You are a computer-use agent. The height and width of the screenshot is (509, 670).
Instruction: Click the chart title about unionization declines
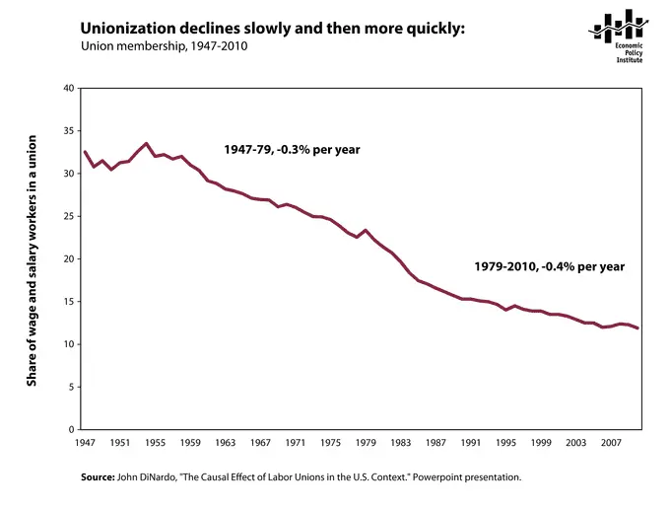(x=272, y=29)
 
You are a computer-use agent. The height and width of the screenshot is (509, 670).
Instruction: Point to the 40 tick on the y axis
(x=68, y=89)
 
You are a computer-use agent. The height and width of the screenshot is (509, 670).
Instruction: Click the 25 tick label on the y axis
(x=68, y=217)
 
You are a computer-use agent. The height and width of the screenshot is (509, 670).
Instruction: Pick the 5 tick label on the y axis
(x=71, y=387)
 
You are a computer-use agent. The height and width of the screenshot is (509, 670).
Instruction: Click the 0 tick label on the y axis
(x=71, y=430)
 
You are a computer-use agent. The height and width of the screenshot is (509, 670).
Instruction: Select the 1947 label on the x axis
(x=84, y=443)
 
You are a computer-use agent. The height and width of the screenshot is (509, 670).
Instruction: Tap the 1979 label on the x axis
(x=367, y=443)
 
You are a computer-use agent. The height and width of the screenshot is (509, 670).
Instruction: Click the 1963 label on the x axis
(x=226, y=443)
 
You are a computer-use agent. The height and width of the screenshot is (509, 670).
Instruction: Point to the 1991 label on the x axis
(x=472, y=443)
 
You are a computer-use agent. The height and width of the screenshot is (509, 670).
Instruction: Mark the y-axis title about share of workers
(x=32, y=259)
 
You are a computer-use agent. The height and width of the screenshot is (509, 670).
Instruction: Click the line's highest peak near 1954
(x=146, y=143)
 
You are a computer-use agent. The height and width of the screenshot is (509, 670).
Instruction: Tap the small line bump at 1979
(x=367, y=230)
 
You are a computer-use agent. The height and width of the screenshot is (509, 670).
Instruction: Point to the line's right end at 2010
(x=638, y=328)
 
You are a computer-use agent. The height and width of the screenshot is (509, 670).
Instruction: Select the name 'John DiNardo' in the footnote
(x=156, y=477)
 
